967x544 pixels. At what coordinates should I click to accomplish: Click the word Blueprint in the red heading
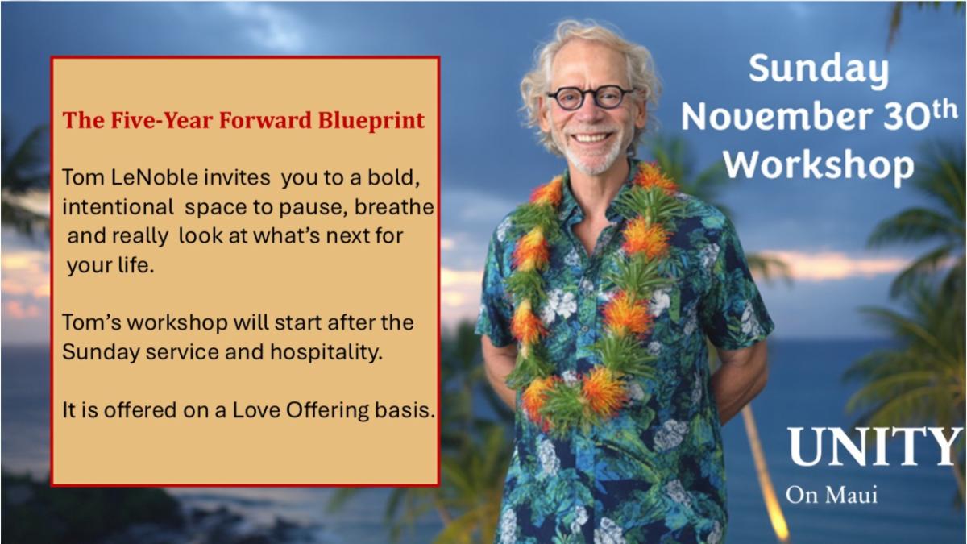(371, 121)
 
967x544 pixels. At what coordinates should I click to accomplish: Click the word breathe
(394, 207)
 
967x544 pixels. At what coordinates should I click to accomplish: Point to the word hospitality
(326, 352)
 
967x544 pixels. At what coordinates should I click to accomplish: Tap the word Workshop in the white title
(819, 166)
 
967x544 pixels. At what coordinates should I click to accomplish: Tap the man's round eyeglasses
(591, 98)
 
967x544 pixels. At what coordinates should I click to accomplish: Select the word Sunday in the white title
(819, 69)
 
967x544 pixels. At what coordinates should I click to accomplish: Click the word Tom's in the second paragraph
(92, 323)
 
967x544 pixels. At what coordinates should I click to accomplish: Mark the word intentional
(118, 207)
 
